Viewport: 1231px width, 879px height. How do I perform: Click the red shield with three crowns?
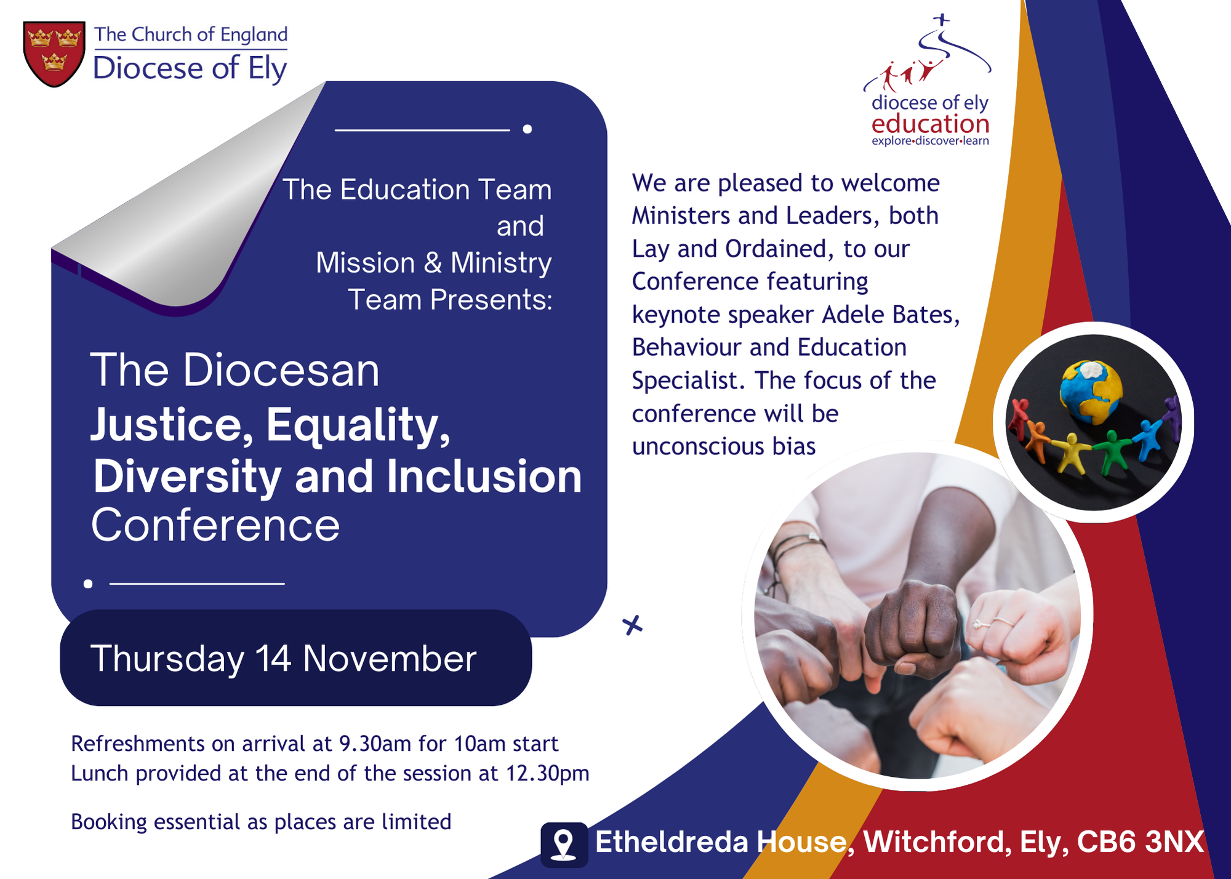pyautogui.click(x=54, y=54)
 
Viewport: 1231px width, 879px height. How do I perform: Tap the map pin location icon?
pyautogui.click(x=564, y=844)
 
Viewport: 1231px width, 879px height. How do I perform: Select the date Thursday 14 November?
pyautogui.click(x=283, y=659)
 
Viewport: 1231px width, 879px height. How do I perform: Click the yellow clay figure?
pyautogui.click(x=1073, y=453)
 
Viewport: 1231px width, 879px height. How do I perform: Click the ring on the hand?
pyautogui.click(x=979, y=624)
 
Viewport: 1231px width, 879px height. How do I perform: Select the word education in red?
pyautogui.click(x=930, y=124)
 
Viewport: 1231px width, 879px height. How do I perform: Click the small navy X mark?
pyautogui.click(x=632, y=625)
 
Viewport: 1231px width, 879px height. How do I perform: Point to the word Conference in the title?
pyautogui.click(x=215, y=525)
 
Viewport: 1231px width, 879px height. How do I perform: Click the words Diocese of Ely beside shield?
pyautogui.click(x=190, y=68)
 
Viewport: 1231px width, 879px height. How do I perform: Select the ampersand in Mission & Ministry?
pyautogui.click(x=433, y=263)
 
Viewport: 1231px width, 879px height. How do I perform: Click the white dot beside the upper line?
pyautogui.click(x=527, y=129)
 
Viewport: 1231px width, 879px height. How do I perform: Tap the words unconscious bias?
pyautogui.click(x=724, y=446)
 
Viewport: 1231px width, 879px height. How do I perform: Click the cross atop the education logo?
pyautogui.click(x=941, y=20)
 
